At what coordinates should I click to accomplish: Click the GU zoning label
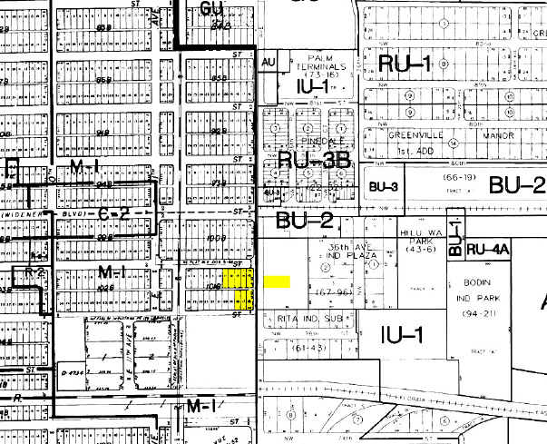[x=212, y=10]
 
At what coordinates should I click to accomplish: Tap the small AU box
[x=267, y=62]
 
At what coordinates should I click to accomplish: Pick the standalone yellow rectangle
[x=277, y=282]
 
